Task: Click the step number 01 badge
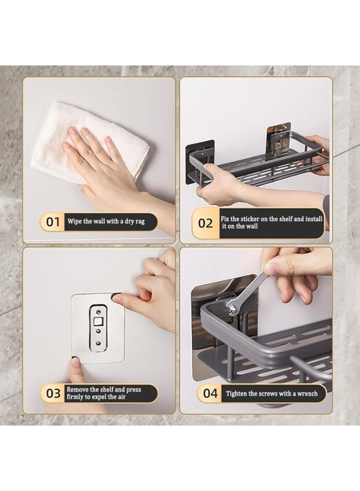pyautogui.click(x=52, y=222)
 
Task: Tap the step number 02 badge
pyautogui.click(x=205, y=223)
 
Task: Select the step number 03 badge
pyautogui.click(x=53, y=393)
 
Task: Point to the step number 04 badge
pyautogui.click(x=210, y=393)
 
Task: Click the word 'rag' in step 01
pyautogui.click(x=140, y=221)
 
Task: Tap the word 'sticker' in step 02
pyautogui.click(x=250, y=219)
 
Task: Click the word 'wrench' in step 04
pyautogui.click(x=308, y=393)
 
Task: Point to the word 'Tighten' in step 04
pyautogui.click(x=236, y=393)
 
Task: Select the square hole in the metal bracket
pyautogui.click(x=98, y=321)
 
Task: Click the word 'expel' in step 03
pyautogui.click(x=100, y=397)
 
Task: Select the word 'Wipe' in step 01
pyautogui.click(x=75, y=221)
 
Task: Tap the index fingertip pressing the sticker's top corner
pyautogui.click(x=117, y=298)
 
